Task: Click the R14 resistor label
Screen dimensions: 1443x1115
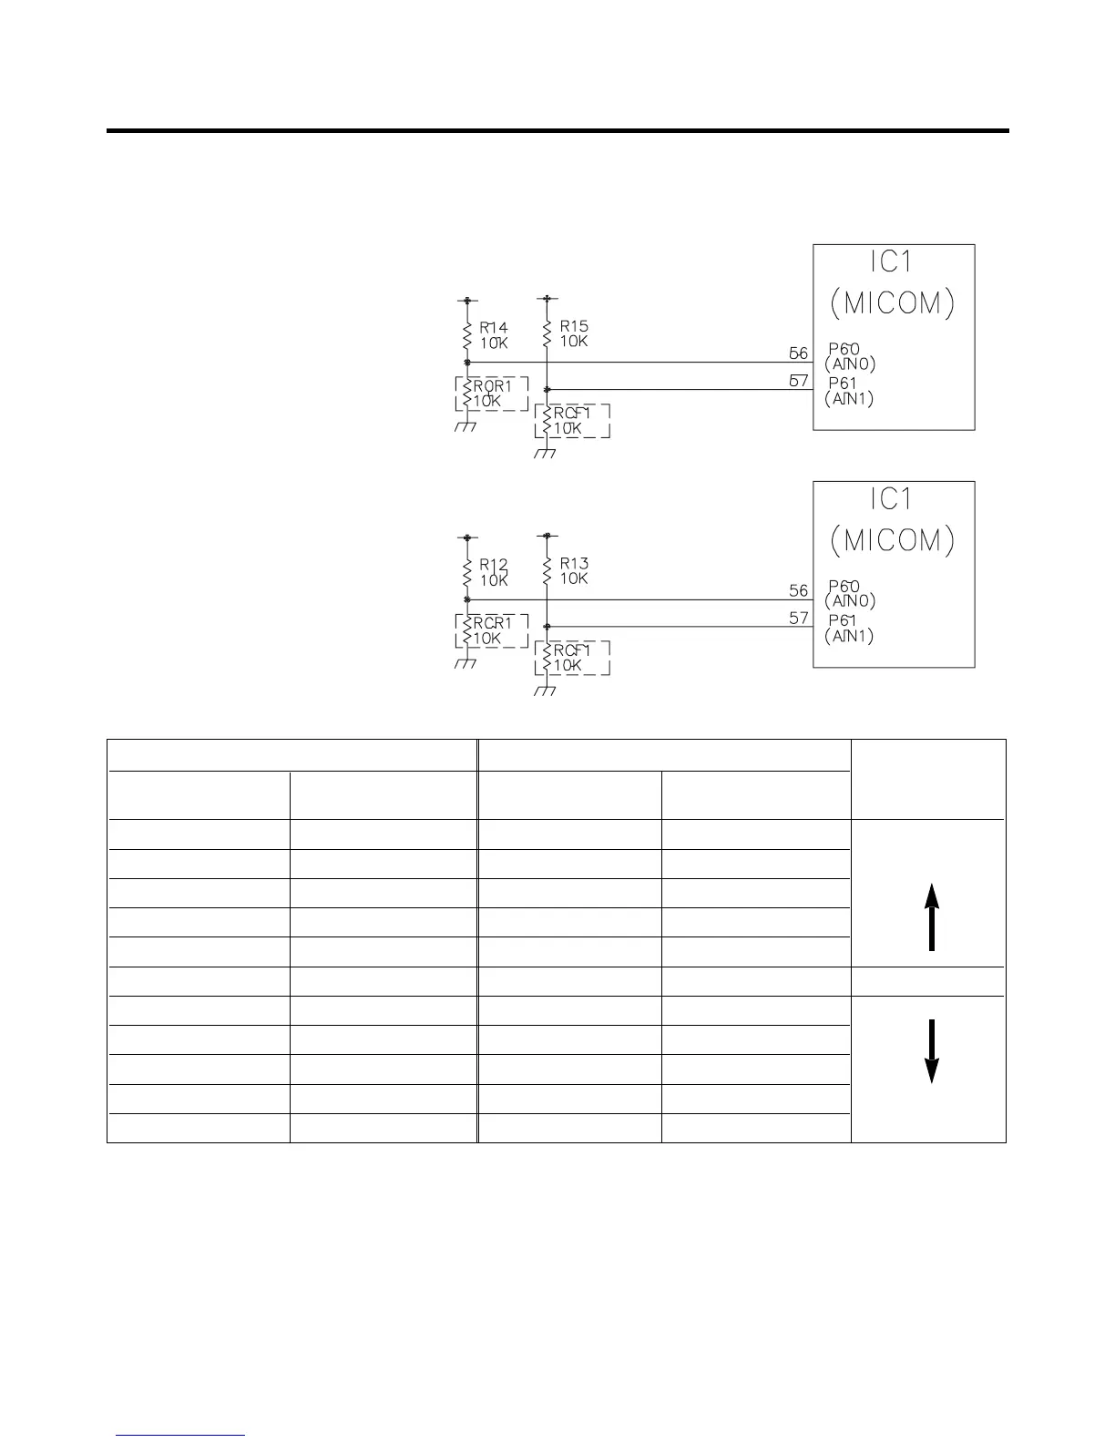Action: coord(494,327)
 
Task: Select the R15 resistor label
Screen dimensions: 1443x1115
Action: coord(574,325)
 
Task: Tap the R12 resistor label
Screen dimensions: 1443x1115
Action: coord(494,565)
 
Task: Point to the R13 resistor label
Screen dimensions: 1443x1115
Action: coord(574,563)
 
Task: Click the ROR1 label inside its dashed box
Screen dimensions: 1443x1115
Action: coord(493,385)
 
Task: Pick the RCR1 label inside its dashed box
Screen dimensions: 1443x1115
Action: coord(493,622)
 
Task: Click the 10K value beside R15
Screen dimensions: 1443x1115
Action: coord(574,342)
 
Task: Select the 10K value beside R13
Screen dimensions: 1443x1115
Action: coord(574,578)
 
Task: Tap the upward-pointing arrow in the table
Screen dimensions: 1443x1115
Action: coord(931,917)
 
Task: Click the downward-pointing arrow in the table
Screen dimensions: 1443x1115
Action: coord(931,1050)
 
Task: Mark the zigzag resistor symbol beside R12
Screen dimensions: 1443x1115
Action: coord(466,572)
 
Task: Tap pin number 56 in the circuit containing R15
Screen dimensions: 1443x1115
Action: coord(798,353)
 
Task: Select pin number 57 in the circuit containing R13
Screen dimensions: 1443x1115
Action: coord(798,618)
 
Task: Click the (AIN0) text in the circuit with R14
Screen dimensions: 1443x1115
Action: coord(850,364)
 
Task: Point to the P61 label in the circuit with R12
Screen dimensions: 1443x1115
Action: coord(843,621)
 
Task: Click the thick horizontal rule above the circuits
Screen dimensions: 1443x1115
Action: coord(557,131)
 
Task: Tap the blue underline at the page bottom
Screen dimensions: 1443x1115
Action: coord(181,1435)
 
